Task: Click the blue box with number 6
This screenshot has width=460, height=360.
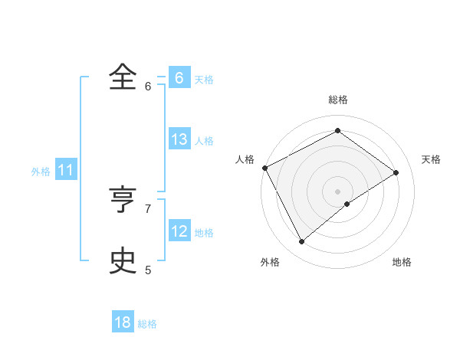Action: pyautogui.click(x=179, y=78)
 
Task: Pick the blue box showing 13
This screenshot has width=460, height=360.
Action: pyautogui.click(x=179, y=139)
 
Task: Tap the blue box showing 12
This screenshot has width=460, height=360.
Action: pyautogui.click(x=179, y=231)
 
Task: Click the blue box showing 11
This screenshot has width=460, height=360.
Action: pyautogui.click(x=65, y=170)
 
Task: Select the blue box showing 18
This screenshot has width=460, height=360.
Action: pyautogui.click(x=123, y=322)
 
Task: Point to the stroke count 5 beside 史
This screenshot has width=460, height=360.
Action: pyautogui.click(x=148, y=270)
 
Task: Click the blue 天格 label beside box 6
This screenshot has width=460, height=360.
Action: pyautogui.click(x=204, y=80)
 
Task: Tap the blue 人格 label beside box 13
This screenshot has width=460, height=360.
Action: pyautogui.click(x=204, y=141)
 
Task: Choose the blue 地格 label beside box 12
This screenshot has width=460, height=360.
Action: pyautogui.click(x=204, y=233)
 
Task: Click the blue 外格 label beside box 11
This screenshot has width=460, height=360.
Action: pyautogui.click(x=41, y=172)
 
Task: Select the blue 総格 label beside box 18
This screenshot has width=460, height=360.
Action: pyautogui.click(x=147, y=324)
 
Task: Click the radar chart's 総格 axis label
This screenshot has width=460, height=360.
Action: pyautogui.click(x=338, y=100)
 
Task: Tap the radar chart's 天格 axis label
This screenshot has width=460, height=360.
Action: pyautogui.click(x=432, y=159)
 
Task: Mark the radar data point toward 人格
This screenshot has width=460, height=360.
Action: pyautogui.click(x=264, y=168)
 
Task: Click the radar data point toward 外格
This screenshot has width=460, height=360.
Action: pyautogui.click(x=302, y=242)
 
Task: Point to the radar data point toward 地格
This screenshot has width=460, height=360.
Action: pyautogui.click(x=347, y=204)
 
